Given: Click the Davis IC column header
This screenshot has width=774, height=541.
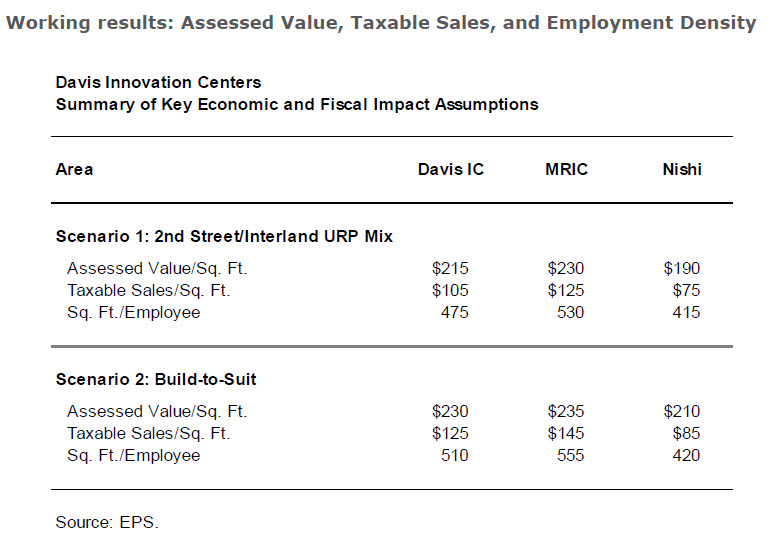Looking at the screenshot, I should (450, 169).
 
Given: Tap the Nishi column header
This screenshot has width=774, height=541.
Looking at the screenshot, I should (682, 169).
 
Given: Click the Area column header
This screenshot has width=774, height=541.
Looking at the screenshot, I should (74, 169).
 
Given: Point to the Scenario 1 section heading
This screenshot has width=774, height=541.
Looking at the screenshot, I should (224, 237).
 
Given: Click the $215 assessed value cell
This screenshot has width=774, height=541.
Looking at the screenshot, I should (450, 268).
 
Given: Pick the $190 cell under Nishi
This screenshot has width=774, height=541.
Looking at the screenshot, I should (682, 268).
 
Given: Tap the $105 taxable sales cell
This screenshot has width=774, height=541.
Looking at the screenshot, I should (450, 290).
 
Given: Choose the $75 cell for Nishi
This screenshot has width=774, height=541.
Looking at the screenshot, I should (686, 290).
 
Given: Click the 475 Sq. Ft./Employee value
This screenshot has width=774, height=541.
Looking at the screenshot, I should (454, 312).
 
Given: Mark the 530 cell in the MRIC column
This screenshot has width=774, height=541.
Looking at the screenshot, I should (569, 312).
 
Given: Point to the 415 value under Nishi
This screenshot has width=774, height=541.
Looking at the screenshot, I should (686, 312).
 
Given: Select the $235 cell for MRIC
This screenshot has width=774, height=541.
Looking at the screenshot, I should (565, 411).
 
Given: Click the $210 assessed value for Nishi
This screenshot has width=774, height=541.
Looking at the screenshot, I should (682, 411).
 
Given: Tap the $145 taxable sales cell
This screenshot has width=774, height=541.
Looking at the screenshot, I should (565, 433).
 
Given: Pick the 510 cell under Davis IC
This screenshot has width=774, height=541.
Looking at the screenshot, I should (454, 455).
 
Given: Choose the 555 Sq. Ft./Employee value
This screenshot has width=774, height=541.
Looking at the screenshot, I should (569, 455).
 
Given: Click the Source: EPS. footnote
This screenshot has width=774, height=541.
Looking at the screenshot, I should (107, 521).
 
